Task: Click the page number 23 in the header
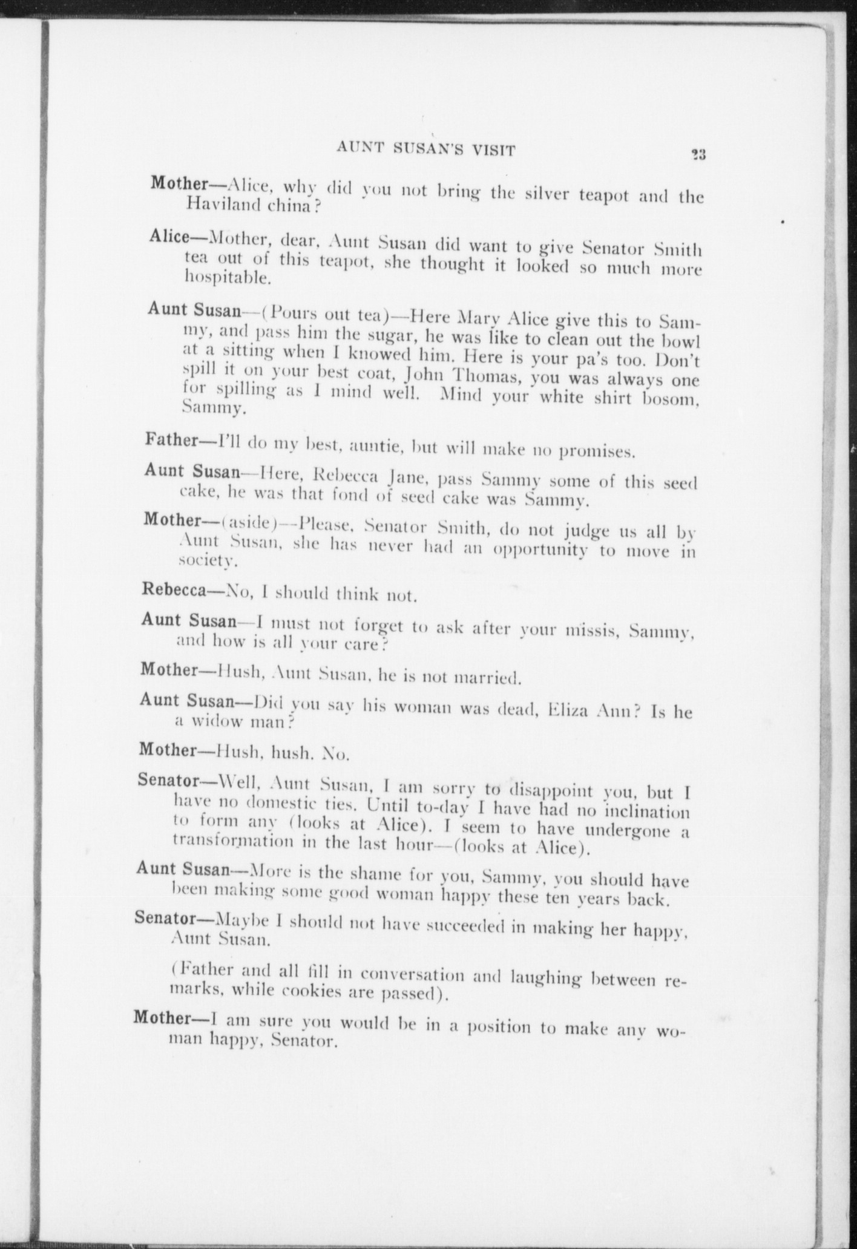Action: (x=699, y=154)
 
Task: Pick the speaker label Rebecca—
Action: (x=176, y=590)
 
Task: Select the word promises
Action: (x=596, y=451)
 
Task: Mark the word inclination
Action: (x=642, y=810)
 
